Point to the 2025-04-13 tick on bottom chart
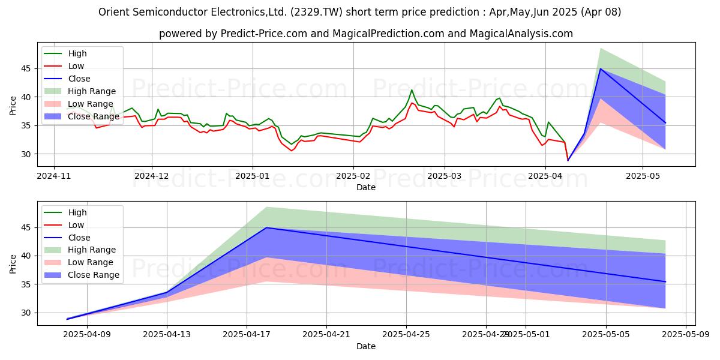[167, 334]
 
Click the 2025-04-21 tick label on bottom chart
[326, 334]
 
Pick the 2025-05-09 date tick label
[685, 334]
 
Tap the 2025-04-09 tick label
[87, 334]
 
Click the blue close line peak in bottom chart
[266, 227]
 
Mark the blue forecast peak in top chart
[600, 68]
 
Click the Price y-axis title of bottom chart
[13, 263]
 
